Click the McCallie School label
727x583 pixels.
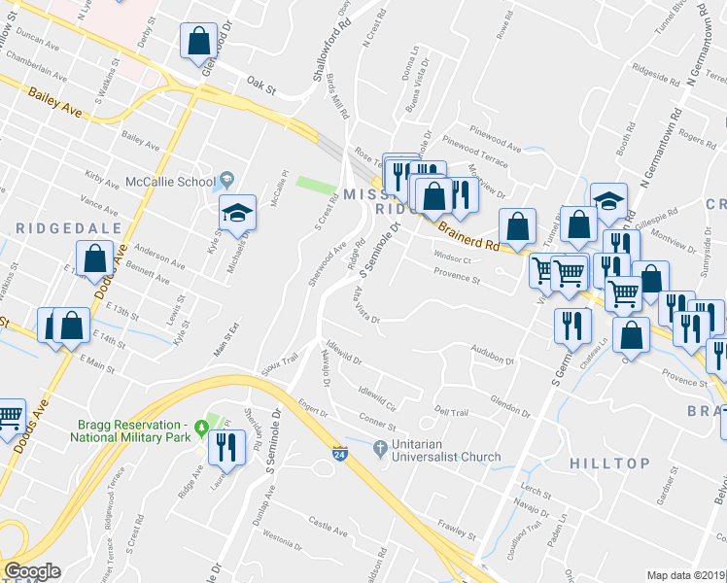[170, 181]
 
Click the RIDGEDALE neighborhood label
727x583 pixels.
[68, 227]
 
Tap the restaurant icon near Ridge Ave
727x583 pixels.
[225, 447]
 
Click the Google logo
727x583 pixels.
[32, 571]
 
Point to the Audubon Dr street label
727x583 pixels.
[492, 355]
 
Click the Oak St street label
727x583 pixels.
[261, 86]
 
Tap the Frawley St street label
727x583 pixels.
[456, 530]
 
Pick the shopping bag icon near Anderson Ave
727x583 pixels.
[95, 260]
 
